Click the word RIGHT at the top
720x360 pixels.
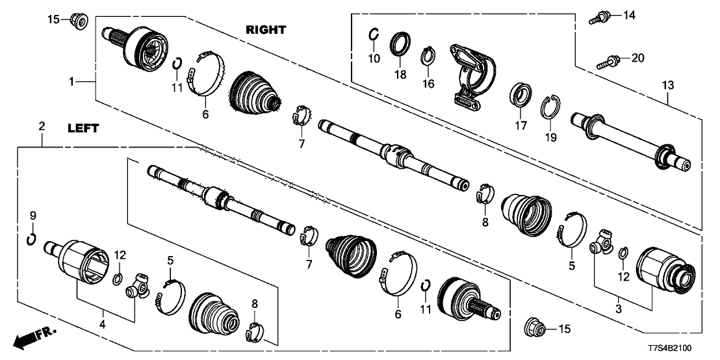point(266,30)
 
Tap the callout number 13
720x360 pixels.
point(668,85)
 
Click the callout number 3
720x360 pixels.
point(619,309)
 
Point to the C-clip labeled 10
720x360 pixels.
point(374,35)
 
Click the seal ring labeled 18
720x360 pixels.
point(400,47)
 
